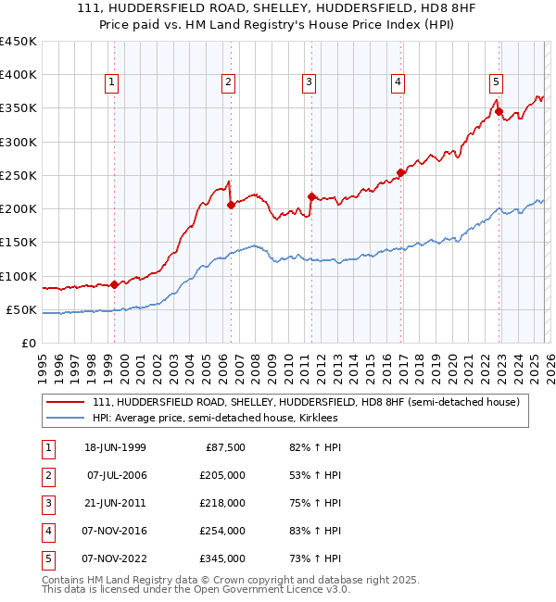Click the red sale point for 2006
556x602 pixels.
click(x=231, y=206)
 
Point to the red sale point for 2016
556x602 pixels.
click(x=400, y=172)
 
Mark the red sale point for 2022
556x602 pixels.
click(x=499, y=112)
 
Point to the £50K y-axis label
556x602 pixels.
click(x=22, y=309)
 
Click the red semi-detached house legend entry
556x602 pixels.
click(x=306, y=402)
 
